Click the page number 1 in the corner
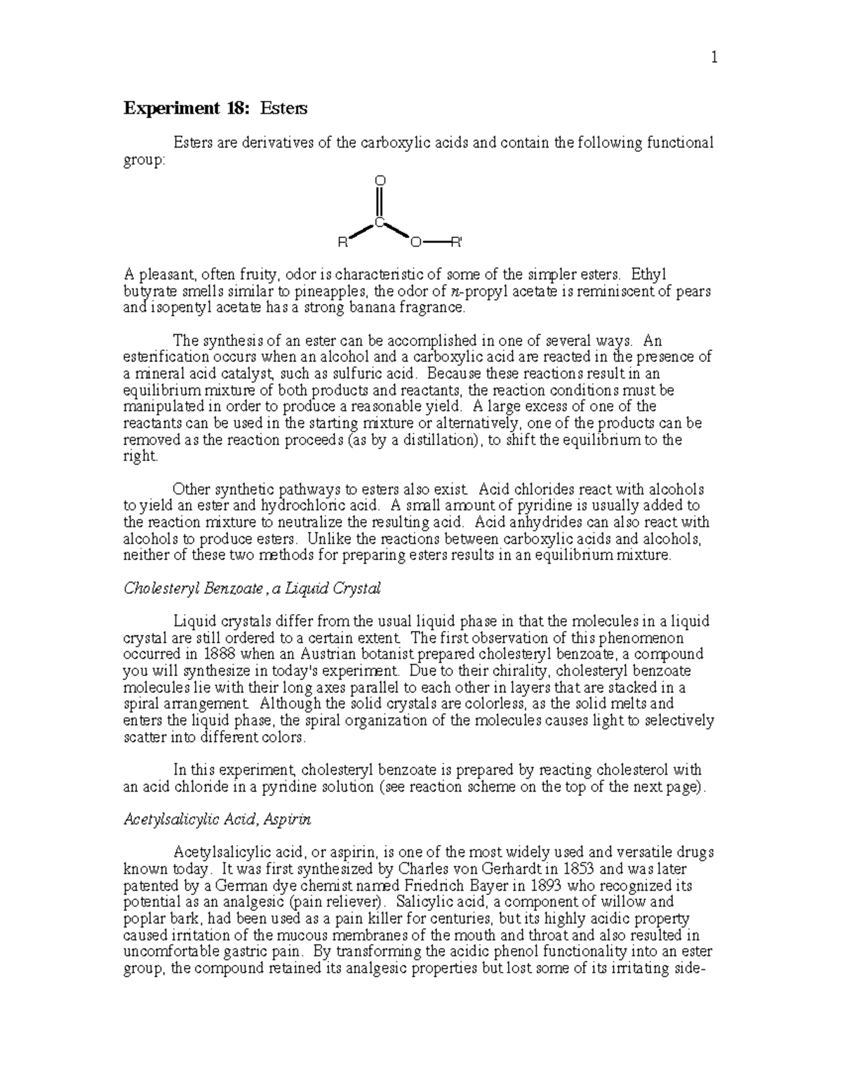[714, 59]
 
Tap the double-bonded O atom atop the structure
[380, 181]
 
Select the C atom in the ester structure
[379, 222]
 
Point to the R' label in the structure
[456, 244]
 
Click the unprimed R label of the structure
[342, 244]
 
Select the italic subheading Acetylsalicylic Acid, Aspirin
[217, 819]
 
